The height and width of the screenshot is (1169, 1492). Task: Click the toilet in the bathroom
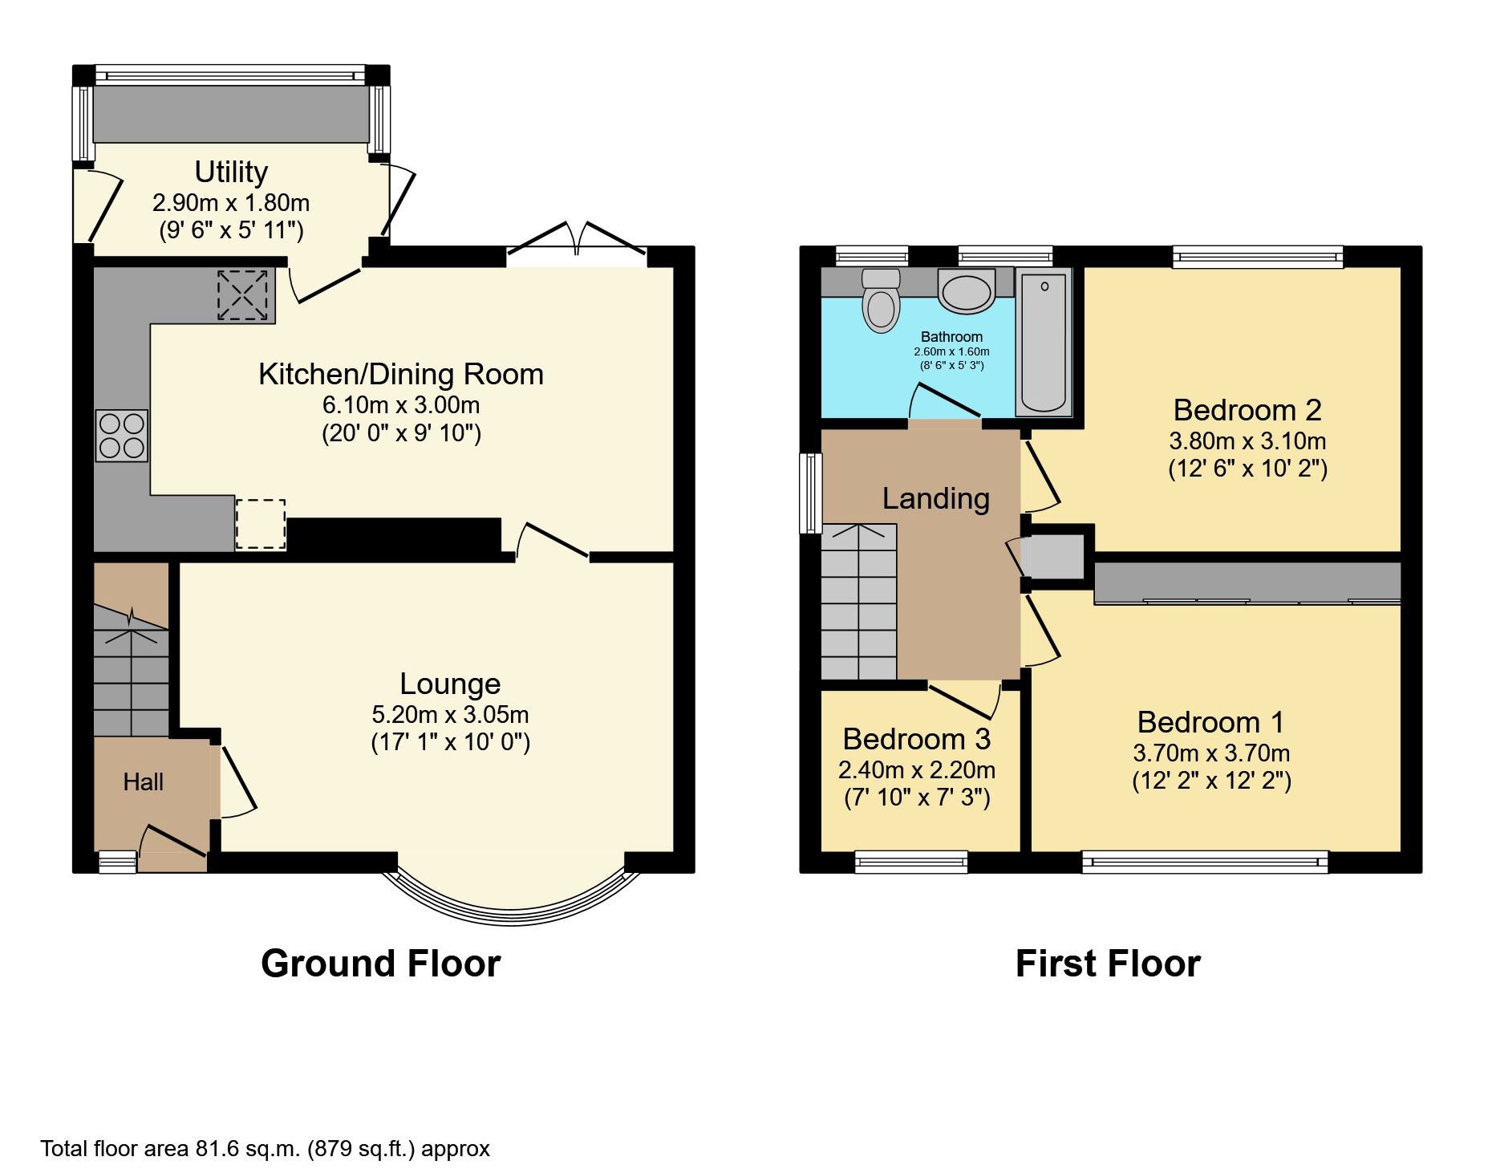pyautogui.click(x=881, y=300)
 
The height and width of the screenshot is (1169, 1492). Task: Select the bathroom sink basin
pyautogui.click(x=967, y=291)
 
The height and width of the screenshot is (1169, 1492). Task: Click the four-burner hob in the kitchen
pyautogui.click(x=122, y=436)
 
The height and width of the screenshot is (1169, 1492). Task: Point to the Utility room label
pyautogui.click(x=231, y=172)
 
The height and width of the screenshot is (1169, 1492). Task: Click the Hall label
pyautogui.click(x=144, y=781)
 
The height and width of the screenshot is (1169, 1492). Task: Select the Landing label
pyautogui.click(x=936, y=499)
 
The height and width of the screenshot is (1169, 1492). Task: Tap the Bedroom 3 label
pyautogui.click(x=917, y=738)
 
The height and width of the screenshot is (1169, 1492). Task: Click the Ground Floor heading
pyautogui.click(x=381, y=963)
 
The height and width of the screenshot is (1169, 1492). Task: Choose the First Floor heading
pyautogui.click(x=1108, y=963)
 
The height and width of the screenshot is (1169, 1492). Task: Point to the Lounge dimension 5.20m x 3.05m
pyautogui.click(x=450, y=714)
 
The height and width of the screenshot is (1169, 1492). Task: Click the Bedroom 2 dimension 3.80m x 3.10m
pyautogui.click(x=1247, y=440)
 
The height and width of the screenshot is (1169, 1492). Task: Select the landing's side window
pyautogui.click(x=811, y=493)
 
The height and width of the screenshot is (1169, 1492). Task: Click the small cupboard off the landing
pyautogui.click(x=1055, y=556)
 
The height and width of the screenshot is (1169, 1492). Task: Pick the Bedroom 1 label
pyautogui.click(x=1210, y=722)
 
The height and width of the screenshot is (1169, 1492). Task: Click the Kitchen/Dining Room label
pyautogui.click(x=401, y=374)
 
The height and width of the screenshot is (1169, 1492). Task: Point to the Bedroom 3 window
pyautogui.click(x=911, y=863)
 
